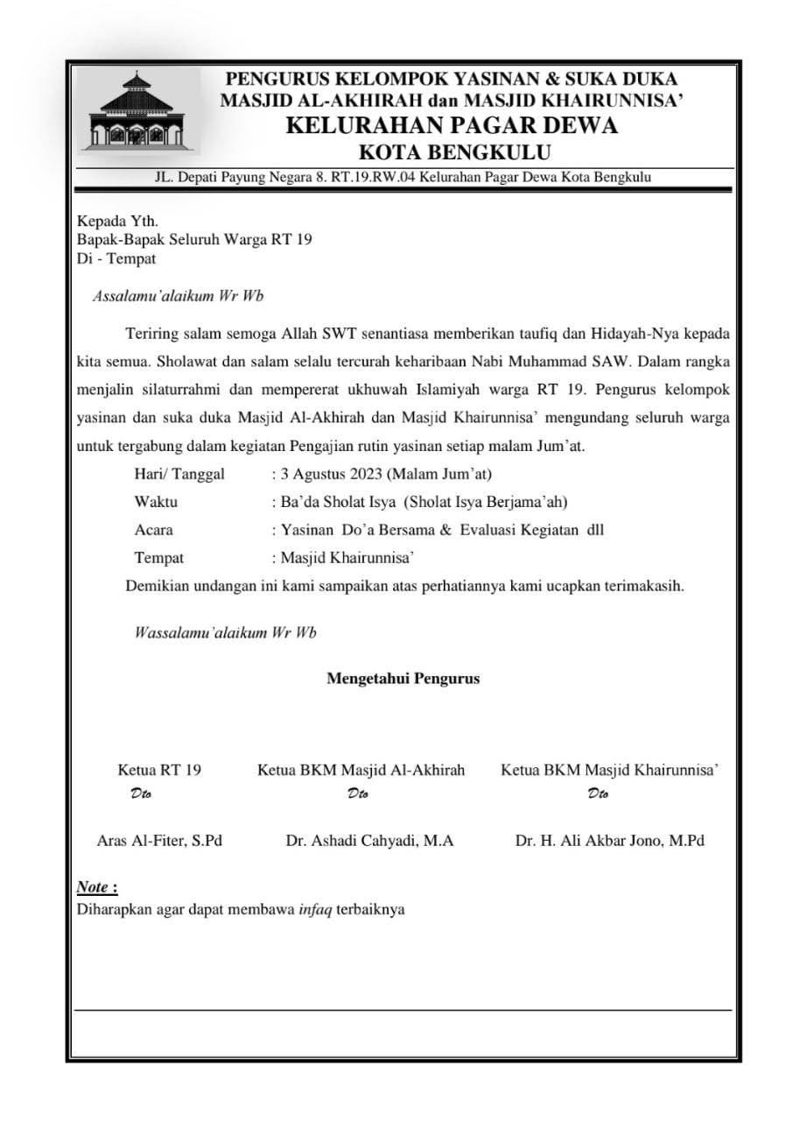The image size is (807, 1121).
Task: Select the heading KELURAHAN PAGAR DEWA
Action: (x=452, y=125)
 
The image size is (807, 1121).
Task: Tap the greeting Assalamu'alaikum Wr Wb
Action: (x=178, y=296)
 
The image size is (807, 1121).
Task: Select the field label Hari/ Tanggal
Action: (x=179, y=475)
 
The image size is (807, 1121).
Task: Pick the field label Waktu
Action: (x=156, y=502)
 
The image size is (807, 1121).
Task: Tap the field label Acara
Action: (x=153, y=530)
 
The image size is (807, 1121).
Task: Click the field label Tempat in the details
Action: (x=158, y=557)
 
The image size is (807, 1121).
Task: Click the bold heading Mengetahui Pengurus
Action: (x=403, y=678)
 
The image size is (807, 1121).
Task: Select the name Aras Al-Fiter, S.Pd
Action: (x=159, y=841)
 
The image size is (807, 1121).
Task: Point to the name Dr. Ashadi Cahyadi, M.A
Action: (x=369, y=841)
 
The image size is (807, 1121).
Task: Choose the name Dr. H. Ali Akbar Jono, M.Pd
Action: (x=610, y=841)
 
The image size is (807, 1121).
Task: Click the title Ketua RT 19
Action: (x=159, y=771)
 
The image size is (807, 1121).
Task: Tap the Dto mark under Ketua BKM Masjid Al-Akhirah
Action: (x=357, y=794)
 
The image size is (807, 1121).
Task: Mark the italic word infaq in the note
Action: (x=315, y=909)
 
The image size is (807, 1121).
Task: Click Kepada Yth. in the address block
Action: (x=117, y=222)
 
